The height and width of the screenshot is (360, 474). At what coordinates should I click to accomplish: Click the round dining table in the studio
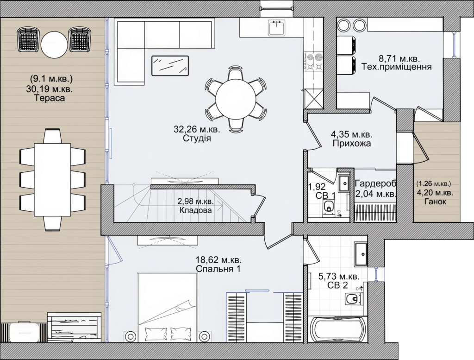[x=236, y=99]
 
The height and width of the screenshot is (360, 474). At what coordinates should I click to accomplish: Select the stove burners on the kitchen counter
[x=314, y=62]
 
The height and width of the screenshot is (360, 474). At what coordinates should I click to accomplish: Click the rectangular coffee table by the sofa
[x=170, y=65]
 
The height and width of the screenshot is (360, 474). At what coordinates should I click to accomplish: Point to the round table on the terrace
[x=54, y=44]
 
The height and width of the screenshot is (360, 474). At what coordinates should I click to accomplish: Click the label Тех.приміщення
[x=397, y=67]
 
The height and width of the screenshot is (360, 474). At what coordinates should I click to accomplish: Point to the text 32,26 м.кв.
[x=197, y=129]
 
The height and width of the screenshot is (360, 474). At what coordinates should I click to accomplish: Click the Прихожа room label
[x=352, y=143]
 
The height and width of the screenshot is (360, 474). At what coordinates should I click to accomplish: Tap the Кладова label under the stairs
[x=196, y=210]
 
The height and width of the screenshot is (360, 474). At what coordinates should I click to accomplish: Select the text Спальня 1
[x=218, y=269]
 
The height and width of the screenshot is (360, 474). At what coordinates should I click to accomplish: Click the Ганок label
[x=435, y=202]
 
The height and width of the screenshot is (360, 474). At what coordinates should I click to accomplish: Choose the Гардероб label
[x=375, y=183]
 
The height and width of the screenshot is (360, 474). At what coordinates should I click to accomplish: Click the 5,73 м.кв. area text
[x=339, y=276]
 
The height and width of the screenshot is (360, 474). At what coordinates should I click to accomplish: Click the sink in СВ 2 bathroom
[x=361, y=254]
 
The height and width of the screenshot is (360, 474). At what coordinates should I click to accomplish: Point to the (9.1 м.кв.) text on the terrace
[x=51, y=79]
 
